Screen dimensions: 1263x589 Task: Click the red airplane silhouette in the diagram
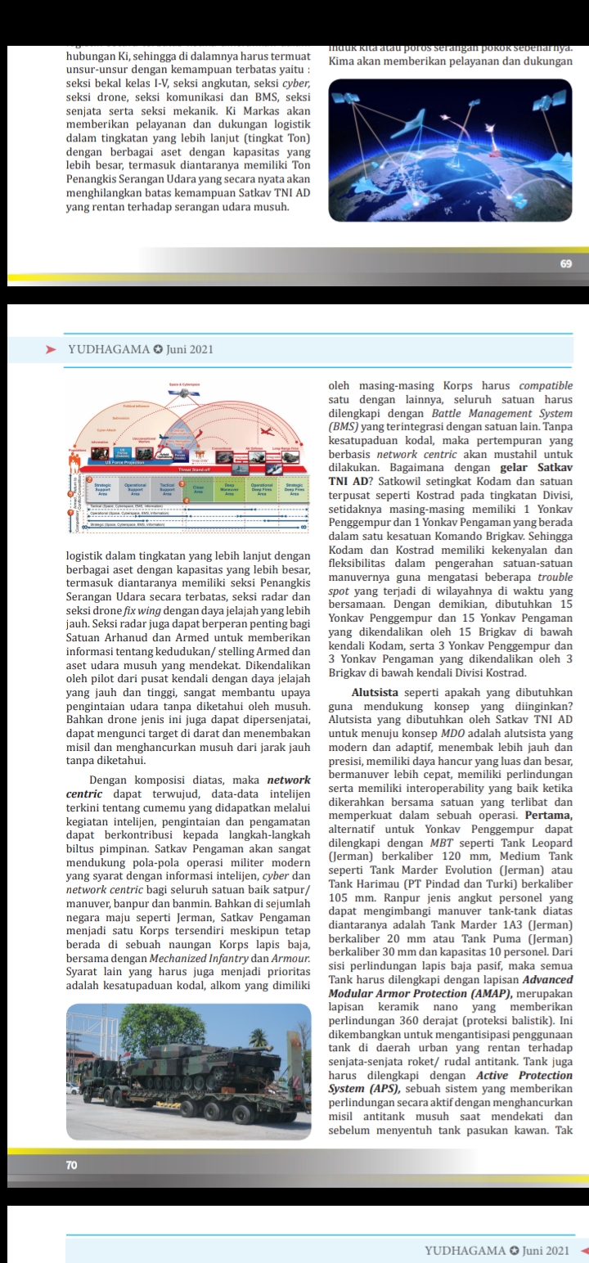coord(267,431)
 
